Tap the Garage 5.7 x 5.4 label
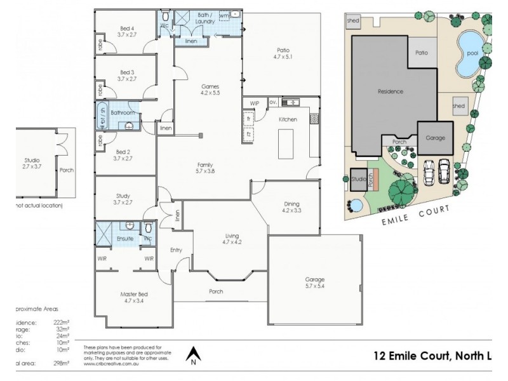tap(314, 283)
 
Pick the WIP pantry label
tap(254, 102)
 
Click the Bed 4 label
tap(127, 31)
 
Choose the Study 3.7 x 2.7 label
tap(123, 199)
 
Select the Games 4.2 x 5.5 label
tap(210, 90)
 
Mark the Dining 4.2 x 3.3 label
tap(291, 207)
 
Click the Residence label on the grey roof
tap(390, 91)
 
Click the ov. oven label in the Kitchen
tap(272, 102)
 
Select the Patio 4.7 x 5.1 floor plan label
tap(282, 53)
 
